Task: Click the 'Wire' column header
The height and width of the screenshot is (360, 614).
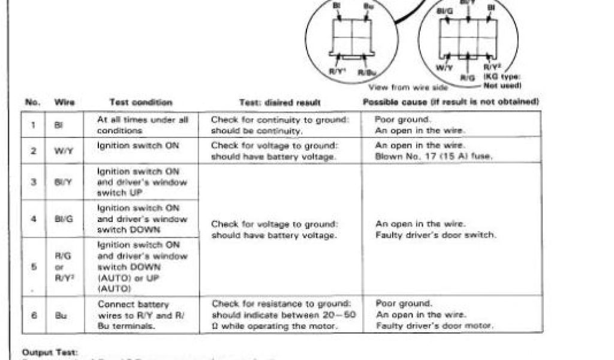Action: (x=65, y=103)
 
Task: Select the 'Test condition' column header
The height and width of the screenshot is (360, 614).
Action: (x=141, y=103)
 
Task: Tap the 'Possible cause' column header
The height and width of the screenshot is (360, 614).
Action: (x=450, y=102)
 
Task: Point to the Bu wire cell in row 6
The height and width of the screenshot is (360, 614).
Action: (x=62, y=314)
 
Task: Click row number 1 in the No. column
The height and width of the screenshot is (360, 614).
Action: (x=34, y=125)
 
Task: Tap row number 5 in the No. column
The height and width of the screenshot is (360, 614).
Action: (x=34, y=266)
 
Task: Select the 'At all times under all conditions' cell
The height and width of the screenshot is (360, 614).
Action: (x=142, y=125)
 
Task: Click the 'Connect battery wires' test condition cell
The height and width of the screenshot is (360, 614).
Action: (x=133, y=314)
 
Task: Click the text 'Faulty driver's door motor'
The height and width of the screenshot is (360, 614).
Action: (x=434, y=325)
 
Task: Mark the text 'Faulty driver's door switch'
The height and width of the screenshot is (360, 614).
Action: (x=436, y=235)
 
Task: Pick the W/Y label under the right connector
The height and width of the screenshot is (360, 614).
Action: (x=444, y=68)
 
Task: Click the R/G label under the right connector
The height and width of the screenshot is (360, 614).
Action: (x=468, y=77)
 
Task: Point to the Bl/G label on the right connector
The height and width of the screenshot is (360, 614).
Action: (x=445, y=11)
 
